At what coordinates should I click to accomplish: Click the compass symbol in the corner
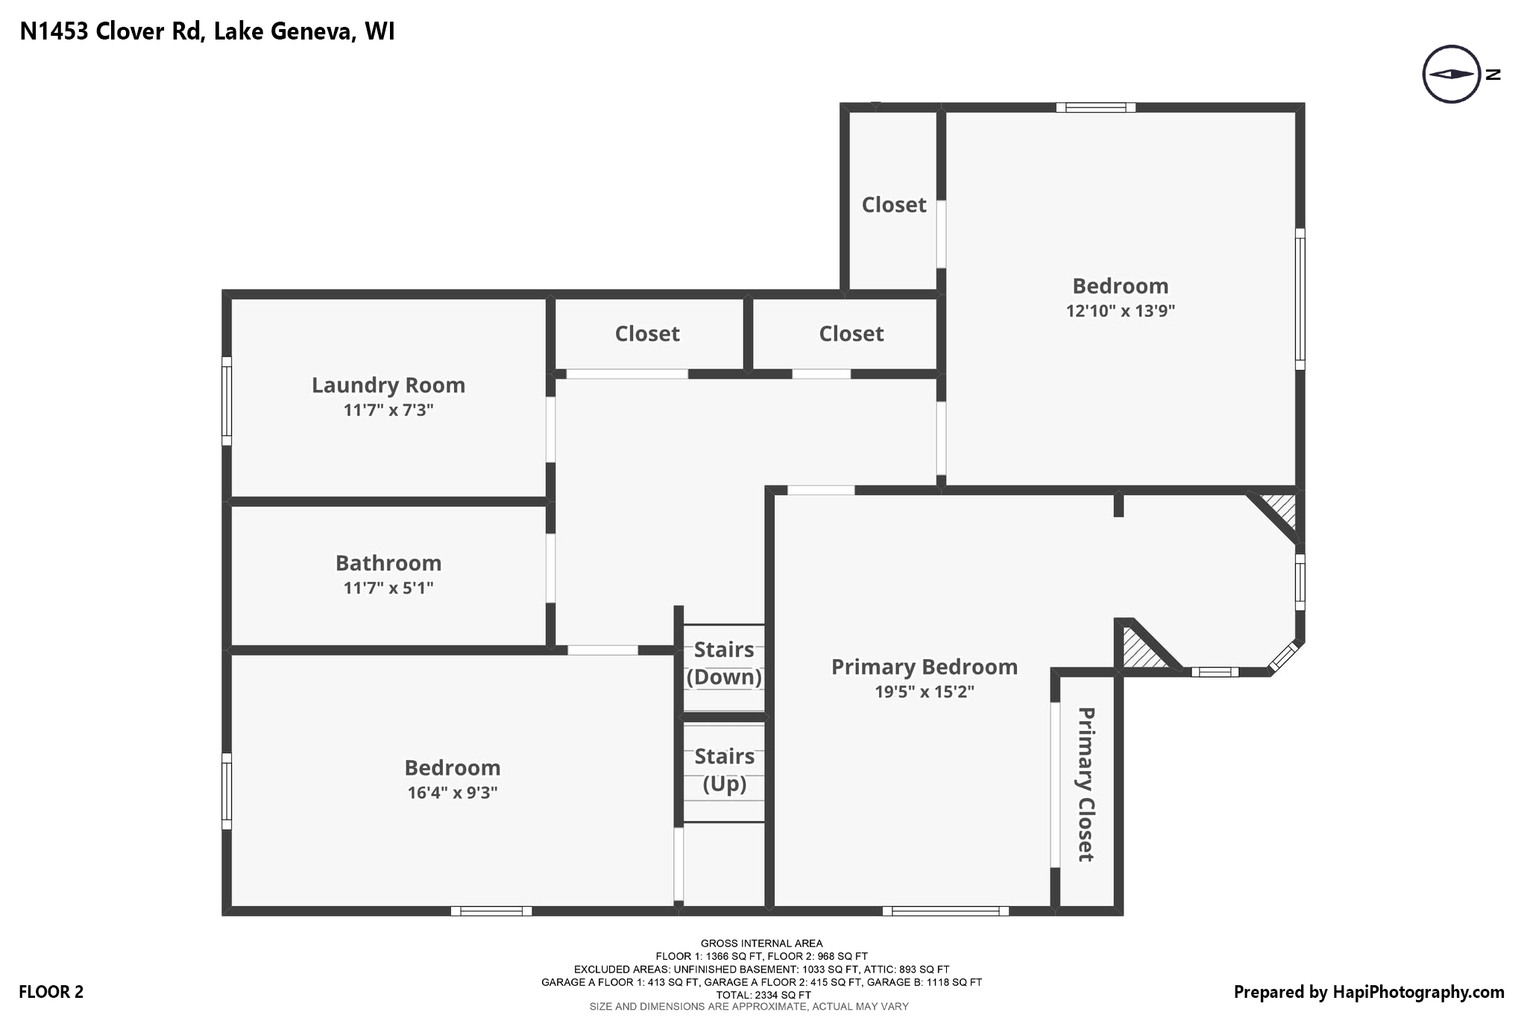click(x=1451, y=74)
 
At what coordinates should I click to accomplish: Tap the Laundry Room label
click(x=388, y=385)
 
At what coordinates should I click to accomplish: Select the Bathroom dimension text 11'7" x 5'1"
click(x=388, y=588)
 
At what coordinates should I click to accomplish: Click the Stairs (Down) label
click(x=724, y=663)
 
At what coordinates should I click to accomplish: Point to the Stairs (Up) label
click(x=724, y=770)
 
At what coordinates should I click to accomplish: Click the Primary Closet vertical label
click(x=1086, y=784)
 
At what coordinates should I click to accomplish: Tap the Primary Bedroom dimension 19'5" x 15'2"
click(x=924, y=691)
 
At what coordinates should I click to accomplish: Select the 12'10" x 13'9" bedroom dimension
click(x=1120, y=311)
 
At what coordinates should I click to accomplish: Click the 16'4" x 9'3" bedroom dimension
click(x=452, y=792)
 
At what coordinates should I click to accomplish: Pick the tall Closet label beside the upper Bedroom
click(x=893, y=204)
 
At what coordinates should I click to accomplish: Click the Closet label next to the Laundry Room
click(x=646, y=333)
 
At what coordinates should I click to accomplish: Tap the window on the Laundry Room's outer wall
click(x=227, y=400)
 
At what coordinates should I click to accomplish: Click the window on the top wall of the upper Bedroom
click(x=1095, y=107)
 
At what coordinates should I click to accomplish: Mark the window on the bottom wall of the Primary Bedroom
click(x=945, y=911)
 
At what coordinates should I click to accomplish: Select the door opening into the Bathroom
click(x=550, y=568)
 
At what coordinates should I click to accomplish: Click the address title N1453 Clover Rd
click(x=207, y=31)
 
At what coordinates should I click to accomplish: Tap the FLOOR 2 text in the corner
click(x=51, y=992)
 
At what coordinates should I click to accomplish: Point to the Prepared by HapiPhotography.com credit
click(x=1368, y=992)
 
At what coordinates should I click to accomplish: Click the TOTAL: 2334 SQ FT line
click(x=763, y=995)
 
